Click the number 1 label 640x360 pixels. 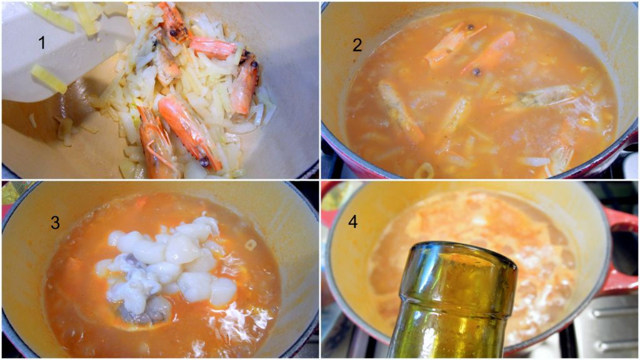tap(42, 42)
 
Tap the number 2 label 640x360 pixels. tap(357, 45)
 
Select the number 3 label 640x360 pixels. tap(55, 222)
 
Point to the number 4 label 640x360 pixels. tap(352, 221)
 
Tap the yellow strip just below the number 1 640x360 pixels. tap(49, 78)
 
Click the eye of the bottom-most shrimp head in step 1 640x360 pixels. tap(204, 162)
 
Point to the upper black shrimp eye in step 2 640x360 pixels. tap(470, 27)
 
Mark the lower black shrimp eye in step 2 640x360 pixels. tap(476, 72)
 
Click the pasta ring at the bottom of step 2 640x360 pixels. tap(424, 171)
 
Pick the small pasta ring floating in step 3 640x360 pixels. tap(251, 244)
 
